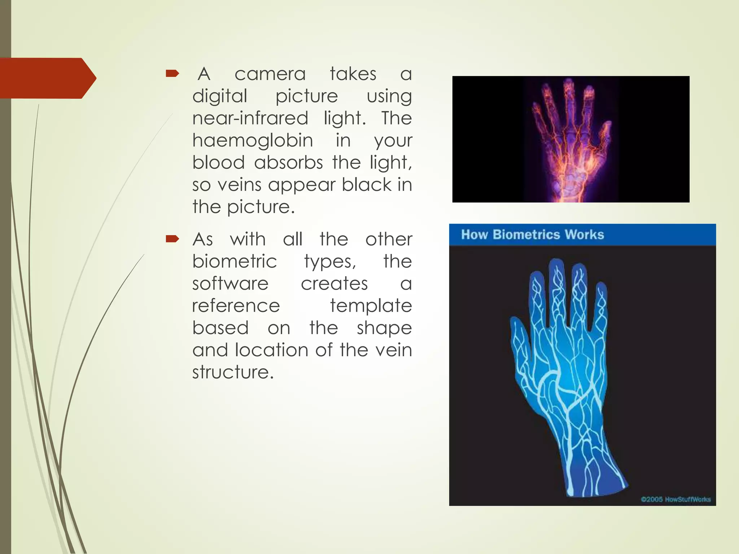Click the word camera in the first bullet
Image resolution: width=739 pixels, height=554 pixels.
(x=270, y=74)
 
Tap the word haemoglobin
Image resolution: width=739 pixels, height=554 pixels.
(x=253, y=140)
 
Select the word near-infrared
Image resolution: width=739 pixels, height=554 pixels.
(x=250, y=118)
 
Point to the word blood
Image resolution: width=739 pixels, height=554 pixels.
(x=218, y=162)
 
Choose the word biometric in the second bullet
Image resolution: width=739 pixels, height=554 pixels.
(x=235, y=261)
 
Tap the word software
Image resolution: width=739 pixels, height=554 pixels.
(x=230, y=283)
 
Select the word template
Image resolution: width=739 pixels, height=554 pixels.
(x=371, y=305)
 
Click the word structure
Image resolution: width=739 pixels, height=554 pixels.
(x=233, y=372)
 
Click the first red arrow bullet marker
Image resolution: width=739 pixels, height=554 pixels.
(x=172, y=74)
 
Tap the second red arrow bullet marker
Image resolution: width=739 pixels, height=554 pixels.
(x=172, y=239)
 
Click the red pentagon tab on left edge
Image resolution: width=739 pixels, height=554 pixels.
(x=47, y=78)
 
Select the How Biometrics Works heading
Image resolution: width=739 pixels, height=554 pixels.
(x=532, y=235)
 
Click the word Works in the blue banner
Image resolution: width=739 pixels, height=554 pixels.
(x=584, y=235)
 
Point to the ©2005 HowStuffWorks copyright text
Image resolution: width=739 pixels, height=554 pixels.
(x=675, y=499)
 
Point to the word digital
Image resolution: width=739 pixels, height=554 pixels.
(x=220, y=96)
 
